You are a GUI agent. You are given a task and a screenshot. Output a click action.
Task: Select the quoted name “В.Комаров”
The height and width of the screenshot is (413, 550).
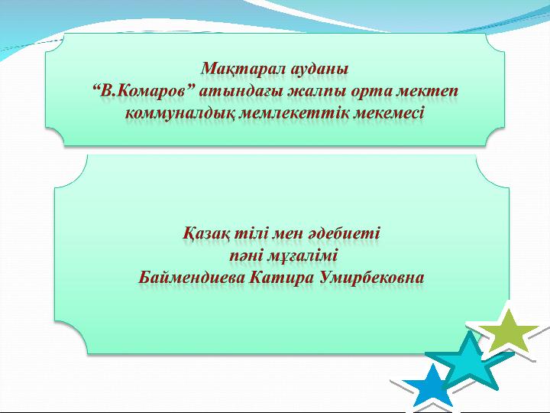[144, 91]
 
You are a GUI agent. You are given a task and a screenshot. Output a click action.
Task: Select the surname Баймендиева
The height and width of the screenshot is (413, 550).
[192, 277]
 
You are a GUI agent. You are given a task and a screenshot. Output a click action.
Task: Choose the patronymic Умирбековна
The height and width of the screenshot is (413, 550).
[371, 277]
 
